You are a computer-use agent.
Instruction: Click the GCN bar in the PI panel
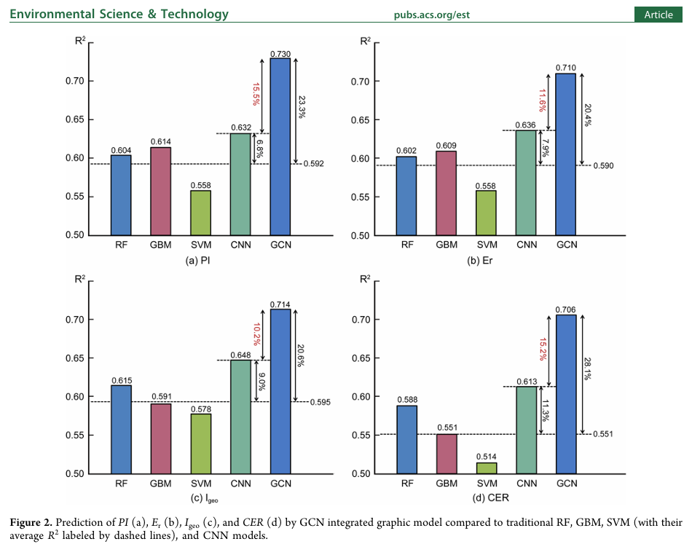(280, 146)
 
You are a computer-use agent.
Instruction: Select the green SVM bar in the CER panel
(487, 468)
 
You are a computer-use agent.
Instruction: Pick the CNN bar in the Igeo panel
(241, 417)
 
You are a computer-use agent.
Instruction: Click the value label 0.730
(280, 53)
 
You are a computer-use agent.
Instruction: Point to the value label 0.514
(487, 457)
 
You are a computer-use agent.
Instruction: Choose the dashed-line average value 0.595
(321, 402)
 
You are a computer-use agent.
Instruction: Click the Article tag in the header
(658, 15)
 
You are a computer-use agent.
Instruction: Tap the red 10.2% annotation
(256, 335)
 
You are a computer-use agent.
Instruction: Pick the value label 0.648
(241, 355)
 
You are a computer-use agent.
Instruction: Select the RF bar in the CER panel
(407, 440)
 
